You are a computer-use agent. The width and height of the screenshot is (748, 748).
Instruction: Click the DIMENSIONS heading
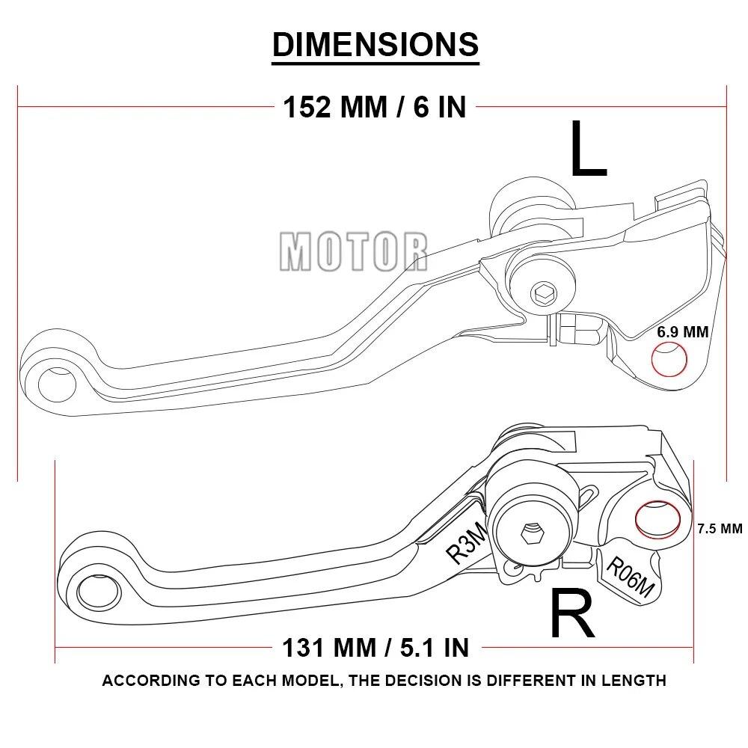point(375,44)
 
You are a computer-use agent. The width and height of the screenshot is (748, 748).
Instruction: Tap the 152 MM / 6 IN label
point(375,107)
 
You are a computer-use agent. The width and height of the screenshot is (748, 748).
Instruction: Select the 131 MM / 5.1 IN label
point(375,646)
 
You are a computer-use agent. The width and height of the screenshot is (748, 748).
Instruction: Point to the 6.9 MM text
point(682,332)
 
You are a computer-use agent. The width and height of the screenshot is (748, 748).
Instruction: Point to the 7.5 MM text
point(719,528)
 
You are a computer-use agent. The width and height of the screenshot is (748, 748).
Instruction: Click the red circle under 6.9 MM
point(669,360)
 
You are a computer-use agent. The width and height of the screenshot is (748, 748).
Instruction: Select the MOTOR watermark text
point(354,251)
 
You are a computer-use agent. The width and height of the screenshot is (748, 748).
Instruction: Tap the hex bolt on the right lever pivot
point(532,533)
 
